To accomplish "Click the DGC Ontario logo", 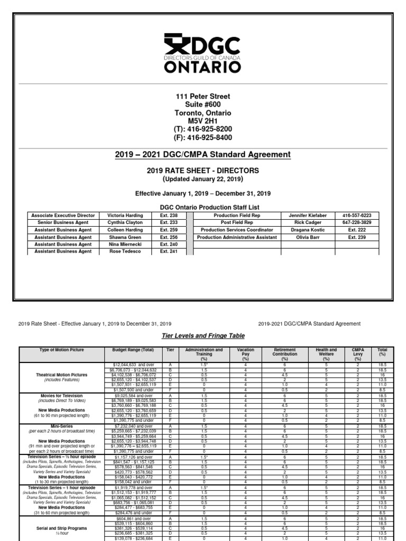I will pyautogui.click(x=203, y=53).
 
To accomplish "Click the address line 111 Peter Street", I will pyautogui.click(x=203, y=97).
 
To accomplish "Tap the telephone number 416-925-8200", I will pyautogui.click(x=203, y=129).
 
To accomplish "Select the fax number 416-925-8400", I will pyautogui.click(x=203, y=138).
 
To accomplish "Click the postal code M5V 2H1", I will pyautogui.click(x=203, y=122).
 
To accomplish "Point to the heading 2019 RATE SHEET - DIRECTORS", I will pyautogui.click(x=203, y=171).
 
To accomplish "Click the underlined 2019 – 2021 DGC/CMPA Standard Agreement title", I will pyautogui.click(x=203, y=154).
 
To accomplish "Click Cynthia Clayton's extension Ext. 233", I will pyautogui.click(x=169, y=223).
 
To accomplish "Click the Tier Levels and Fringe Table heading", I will pyautogui.click(x=203, y=336).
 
